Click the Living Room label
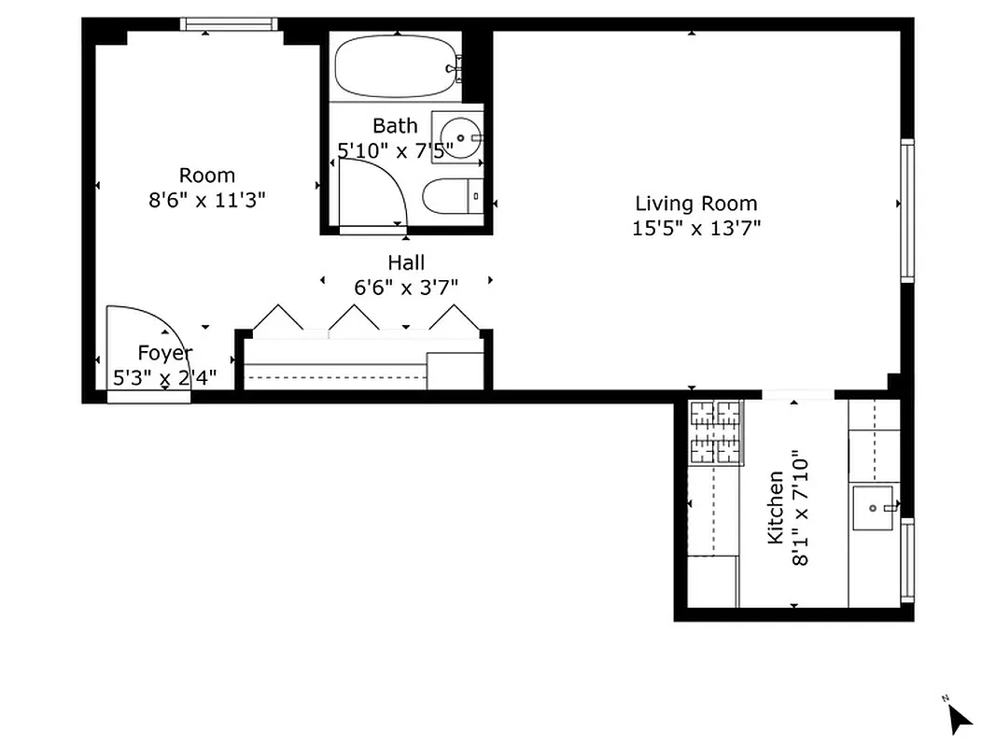(x=695, y=204)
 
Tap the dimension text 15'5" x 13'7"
(x=695, y=228)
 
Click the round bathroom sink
(x=459, y=136)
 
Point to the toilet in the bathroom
(x=452, y=197)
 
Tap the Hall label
(x=406, y=264)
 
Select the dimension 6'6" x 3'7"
(x=406, y=288)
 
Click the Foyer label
(x=164, y=353)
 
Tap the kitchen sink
(x=874, y=508)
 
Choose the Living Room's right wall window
(x=906, y=210)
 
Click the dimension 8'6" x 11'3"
(x=207, y=200)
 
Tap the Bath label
(x=395, y=125)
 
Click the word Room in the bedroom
(x=207, y=176)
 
